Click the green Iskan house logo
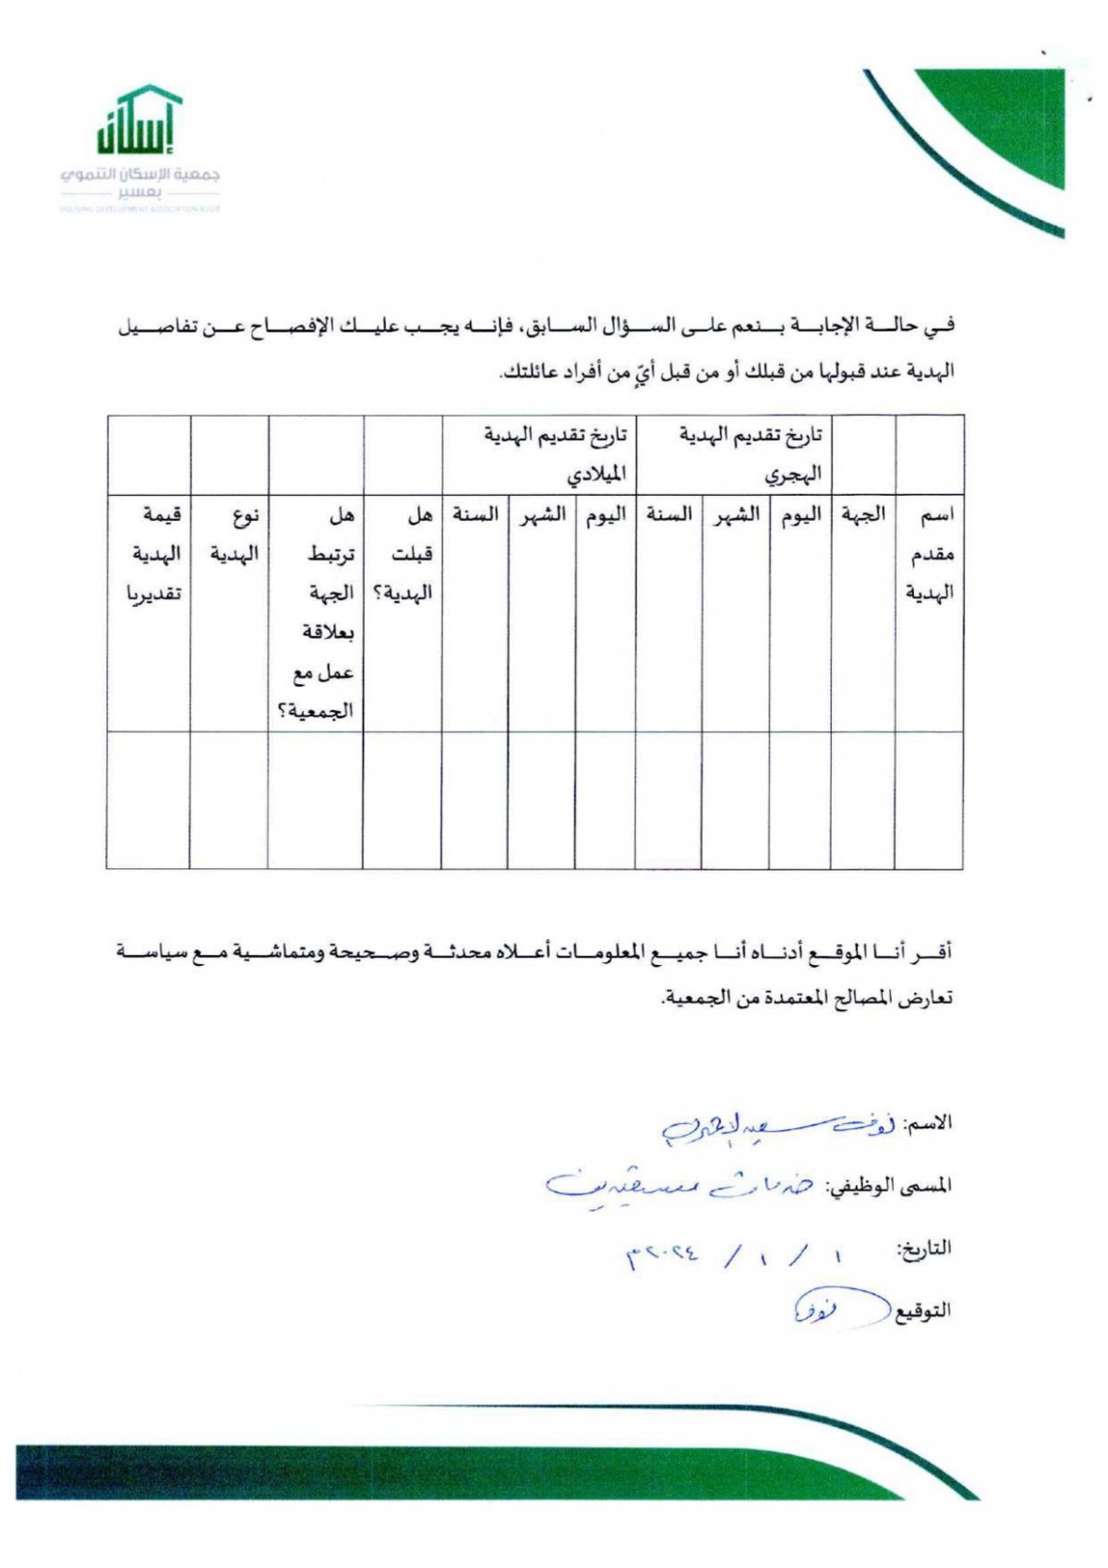coord(139,120)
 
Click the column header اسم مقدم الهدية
coord(930,553)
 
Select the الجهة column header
coord(863,514)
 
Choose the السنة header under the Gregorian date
coord(475,514)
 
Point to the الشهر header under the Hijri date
coord(736,514)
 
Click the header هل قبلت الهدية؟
coord(403,553)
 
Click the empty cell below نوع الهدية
coord(229,800)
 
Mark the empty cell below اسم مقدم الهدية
coord(929,800)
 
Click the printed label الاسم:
coord(928,1124)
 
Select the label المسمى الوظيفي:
coord(887,1185)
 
